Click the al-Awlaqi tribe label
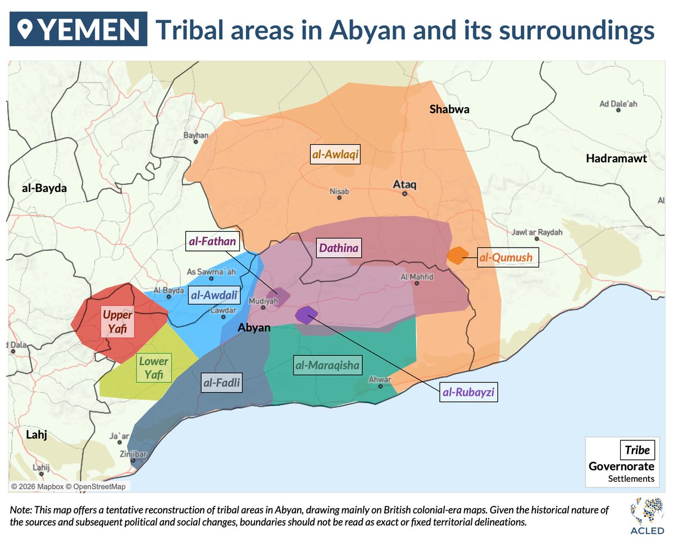pyautogui.click(x=335, y=154)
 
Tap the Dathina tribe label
pyautogui.click(x=339, y=247)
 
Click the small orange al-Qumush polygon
pyautogui.click(x=457, y=255)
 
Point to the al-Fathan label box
pyautogui.click(x=213, y=243)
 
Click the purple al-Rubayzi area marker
pyautogui.click(x=307, y=314)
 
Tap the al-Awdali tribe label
pyautogui.click(x=213, y=294)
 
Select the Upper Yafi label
pyautogui.click(x=117, y=321)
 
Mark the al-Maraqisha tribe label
pyautogui.click(x=327, y=366)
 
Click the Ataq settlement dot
pyautogui.click(x=404, y=194)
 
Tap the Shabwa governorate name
pyautogui.click(x=449, y=109)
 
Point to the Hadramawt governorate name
pyautogui.click(x=616, y=159)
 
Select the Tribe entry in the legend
pyautogui.click(x=637, y=450)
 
